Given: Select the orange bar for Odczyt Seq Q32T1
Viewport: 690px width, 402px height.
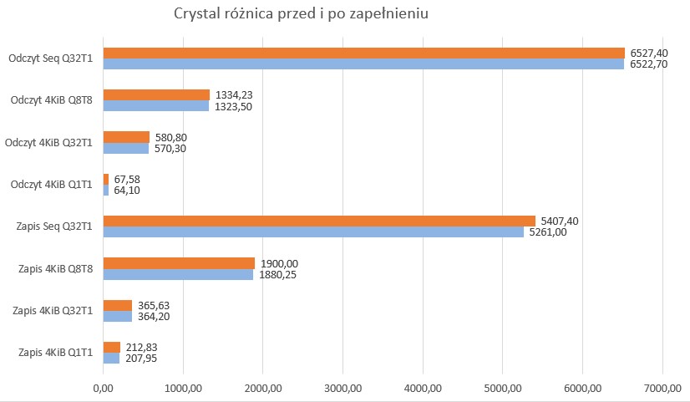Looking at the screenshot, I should pos(363,53).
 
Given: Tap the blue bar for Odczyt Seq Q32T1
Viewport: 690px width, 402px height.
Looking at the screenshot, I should pos(363,64).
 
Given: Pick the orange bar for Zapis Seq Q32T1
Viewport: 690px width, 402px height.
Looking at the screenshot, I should pos(318,221).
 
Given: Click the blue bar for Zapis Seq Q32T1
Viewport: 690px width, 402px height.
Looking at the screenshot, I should pos(312,232).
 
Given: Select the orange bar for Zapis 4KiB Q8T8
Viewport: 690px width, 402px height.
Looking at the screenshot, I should pos(178,263).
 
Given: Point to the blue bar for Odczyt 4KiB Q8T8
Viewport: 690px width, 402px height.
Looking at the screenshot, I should pos(155,106).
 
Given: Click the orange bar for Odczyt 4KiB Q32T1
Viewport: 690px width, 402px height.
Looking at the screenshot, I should pos(126,137).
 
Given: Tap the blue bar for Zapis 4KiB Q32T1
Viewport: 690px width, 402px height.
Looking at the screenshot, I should pos(117,316).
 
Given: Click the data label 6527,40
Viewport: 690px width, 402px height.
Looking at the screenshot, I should pos(650,53).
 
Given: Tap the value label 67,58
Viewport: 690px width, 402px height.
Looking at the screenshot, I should pos(128,179).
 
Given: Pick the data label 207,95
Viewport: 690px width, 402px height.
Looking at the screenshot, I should pos(140,359).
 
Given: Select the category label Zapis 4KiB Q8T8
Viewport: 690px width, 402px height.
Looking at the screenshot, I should pos(54,268).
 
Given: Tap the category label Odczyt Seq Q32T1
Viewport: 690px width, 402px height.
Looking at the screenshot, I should pos(50,59).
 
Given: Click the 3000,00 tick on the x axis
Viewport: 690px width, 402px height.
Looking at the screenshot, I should pos(342,388).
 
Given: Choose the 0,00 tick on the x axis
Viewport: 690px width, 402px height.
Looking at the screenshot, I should pos(103,388).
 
